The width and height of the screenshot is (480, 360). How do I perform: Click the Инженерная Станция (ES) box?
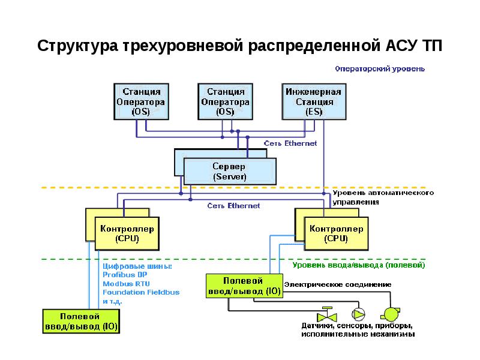[313, 101]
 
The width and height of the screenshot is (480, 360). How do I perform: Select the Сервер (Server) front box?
[230, 171]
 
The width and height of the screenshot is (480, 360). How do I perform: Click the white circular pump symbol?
[358, 314]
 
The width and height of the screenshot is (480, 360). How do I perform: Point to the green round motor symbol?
[390, 313]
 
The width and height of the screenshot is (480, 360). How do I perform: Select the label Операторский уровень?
[379, 68]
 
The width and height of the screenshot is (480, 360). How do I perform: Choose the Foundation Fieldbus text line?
[141, 292]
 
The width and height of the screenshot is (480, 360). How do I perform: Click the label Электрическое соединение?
[338, 284]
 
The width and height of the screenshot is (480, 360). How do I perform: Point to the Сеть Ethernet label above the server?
[291, 143]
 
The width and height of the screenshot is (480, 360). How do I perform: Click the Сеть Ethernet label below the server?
[234, 206]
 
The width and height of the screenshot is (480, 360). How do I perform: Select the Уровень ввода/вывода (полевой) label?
[359, 265]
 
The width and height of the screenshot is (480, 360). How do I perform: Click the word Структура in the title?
[77, 46]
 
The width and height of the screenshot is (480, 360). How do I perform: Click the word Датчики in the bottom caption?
[319, 326]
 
